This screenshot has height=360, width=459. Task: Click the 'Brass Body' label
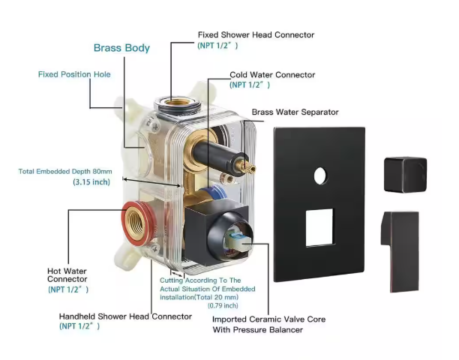click(x=121, y=48)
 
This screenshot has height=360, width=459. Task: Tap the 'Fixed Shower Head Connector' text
click(x=256, y=34)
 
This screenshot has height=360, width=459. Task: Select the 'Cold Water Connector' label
click(x=271, y=75)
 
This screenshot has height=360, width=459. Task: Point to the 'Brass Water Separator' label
click(x=295, y=112)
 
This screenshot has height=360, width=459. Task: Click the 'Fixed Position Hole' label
click(x=74, y=74)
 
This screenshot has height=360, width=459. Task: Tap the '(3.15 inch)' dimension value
click(x=91, y=182)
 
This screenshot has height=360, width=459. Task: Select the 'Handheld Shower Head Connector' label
click(x=125, y=316)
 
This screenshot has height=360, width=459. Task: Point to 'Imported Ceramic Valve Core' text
click(x=269, y=319)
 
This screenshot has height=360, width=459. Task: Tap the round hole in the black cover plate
click(x=321, y=176)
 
